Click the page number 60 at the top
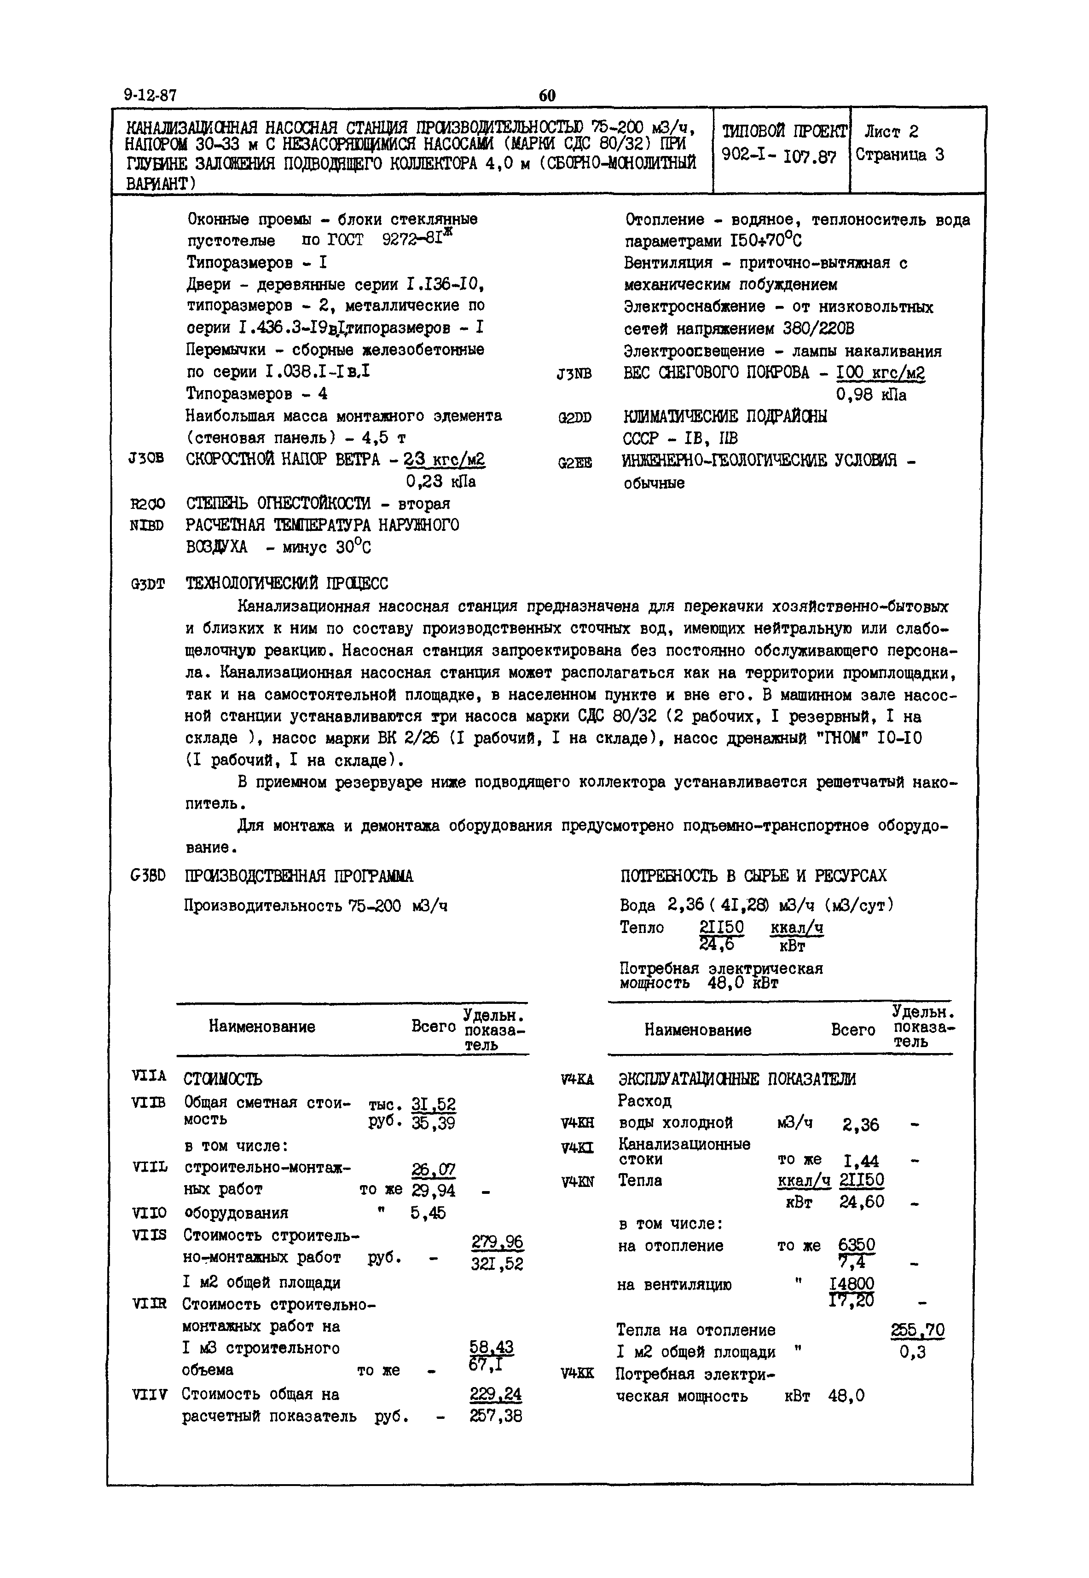546,96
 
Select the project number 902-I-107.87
778,155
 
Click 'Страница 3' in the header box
900,155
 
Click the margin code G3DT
147,584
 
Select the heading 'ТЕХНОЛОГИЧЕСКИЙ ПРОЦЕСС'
287,584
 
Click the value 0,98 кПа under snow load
871,395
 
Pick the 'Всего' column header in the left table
433,1026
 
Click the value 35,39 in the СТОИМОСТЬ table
434,1123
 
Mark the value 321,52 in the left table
497,1264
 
